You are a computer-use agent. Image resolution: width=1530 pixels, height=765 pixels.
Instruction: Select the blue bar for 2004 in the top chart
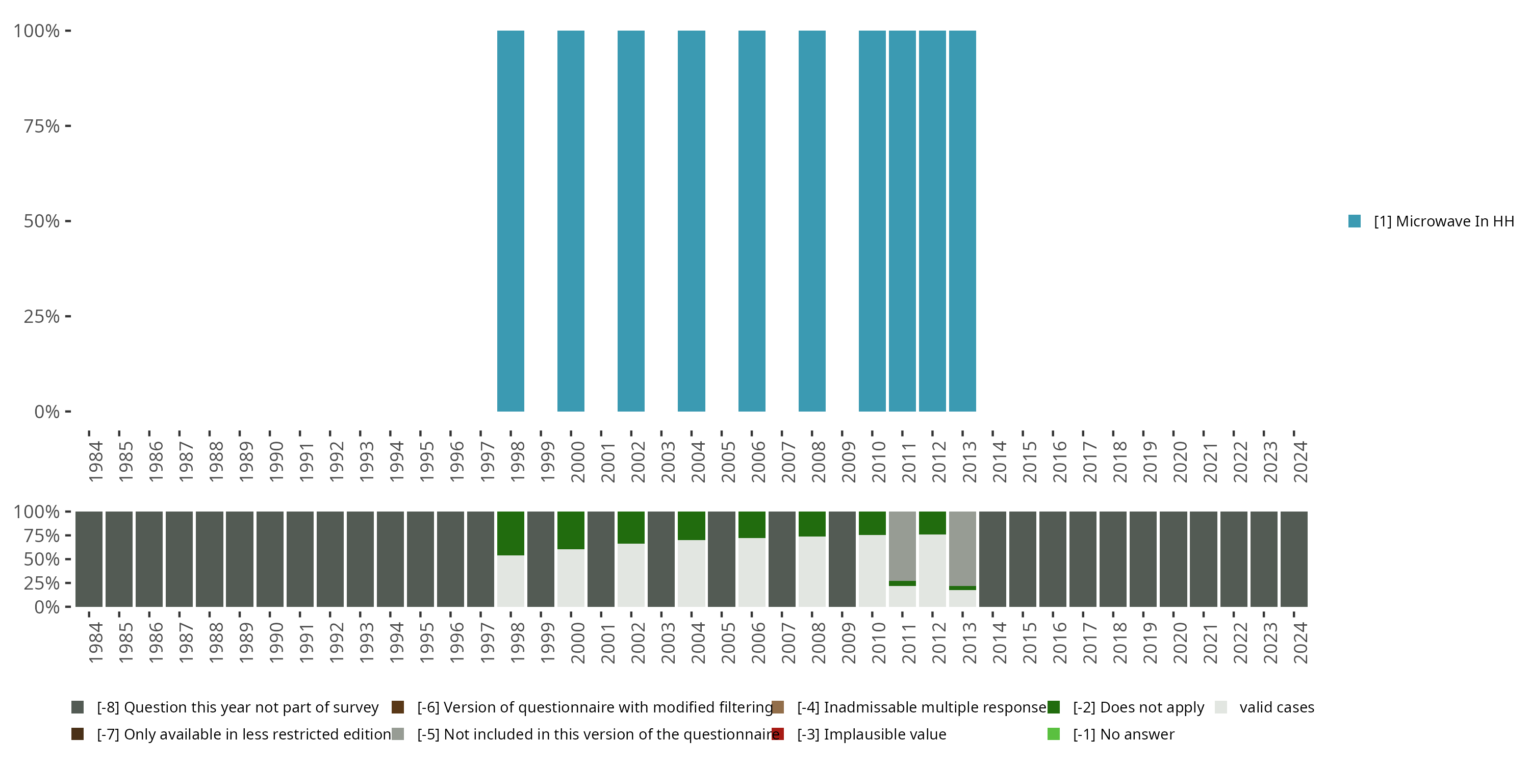coord(692,221)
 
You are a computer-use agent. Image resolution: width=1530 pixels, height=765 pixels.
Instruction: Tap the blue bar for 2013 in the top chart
coord(962,221)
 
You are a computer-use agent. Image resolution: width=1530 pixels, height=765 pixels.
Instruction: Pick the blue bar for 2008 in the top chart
coord(812,221)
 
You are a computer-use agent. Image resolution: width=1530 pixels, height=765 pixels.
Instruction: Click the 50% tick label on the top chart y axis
coord(42,221)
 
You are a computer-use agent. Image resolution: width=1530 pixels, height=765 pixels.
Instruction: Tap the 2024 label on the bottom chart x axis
coord(1300,643)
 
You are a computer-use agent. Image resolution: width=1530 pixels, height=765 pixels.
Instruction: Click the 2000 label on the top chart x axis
coord(577,462)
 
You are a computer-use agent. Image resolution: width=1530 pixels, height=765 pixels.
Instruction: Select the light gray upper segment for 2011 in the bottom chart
coord(902,545)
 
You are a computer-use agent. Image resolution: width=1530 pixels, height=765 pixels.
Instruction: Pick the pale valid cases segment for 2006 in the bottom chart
coord(751,572)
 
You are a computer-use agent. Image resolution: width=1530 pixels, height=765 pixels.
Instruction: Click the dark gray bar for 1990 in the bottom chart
coord(270,559)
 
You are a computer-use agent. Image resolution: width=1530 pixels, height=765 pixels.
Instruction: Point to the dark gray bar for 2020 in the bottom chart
coord(1173,559)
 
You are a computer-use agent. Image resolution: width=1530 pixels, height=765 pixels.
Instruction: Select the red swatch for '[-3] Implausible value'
coord(777,734)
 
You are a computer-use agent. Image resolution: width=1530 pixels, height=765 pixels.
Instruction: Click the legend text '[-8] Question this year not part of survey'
coord(238,707)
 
